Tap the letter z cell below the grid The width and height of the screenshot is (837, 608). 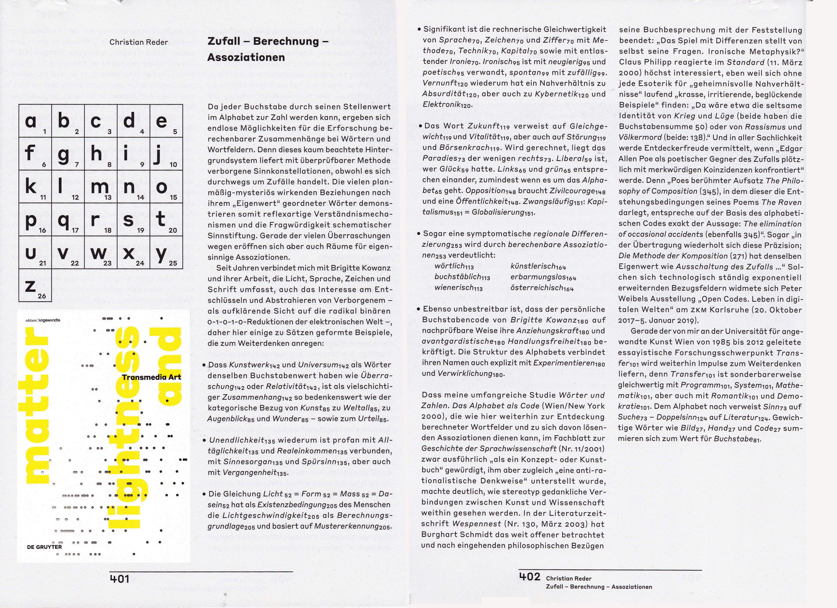[x=31, y=285]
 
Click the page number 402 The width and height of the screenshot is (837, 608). [x=529, y=577]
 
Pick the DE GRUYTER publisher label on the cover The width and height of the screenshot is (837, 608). [x=44, y=547]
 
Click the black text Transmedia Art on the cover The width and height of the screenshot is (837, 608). [x=151, y=377]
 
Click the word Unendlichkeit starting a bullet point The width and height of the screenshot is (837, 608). [x=237, y=440]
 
